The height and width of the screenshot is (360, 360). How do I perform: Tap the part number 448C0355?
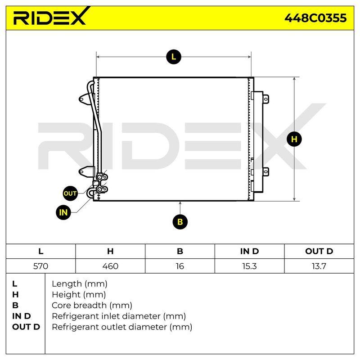pos(315,18)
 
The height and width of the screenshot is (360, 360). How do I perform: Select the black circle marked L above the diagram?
pos(174,57)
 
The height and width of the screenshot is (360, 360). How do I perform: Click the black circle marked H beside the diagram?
pos(294,139)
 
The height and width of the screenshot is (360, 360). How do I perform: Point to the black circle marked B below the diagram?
pos(180,222)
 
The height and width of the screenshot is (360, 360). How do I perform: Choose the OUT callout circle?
pos(70,193)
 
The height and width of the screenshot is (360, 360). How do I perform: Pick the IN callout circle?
pos(63,212)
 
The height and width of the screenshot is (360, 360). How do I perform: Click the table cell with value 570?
pos(40,266)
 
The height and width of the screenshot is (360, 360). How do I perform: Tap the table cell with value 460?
pos(110,266)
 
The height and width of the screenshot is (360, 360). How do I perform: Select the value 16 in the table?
pos(180,266)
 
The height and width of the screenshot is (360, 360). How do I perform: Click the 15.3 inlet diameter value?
pos(249,266)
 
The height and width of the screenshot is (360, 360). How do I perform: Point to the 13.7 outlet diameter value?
pos(319,266)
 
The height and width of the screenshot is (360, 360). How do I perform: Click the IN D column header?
pos(249,251)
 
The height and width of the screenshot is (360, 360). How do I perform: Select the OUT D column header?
pos(319,251)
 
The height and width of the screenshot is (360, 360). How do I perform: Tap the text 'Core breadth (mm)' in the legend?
pos(92,306)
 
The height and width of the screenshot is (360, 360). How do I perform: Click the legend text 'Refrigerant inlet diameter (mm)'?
pos(119,316)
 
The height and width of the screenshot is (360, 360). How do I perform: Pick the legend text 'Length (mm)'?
pos(80,284)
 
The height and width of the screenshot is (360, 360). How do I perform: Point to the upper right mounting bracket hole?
pos(265,99)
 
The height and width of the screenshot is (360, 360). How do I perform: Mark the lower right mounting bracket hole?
pos(265,172)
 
